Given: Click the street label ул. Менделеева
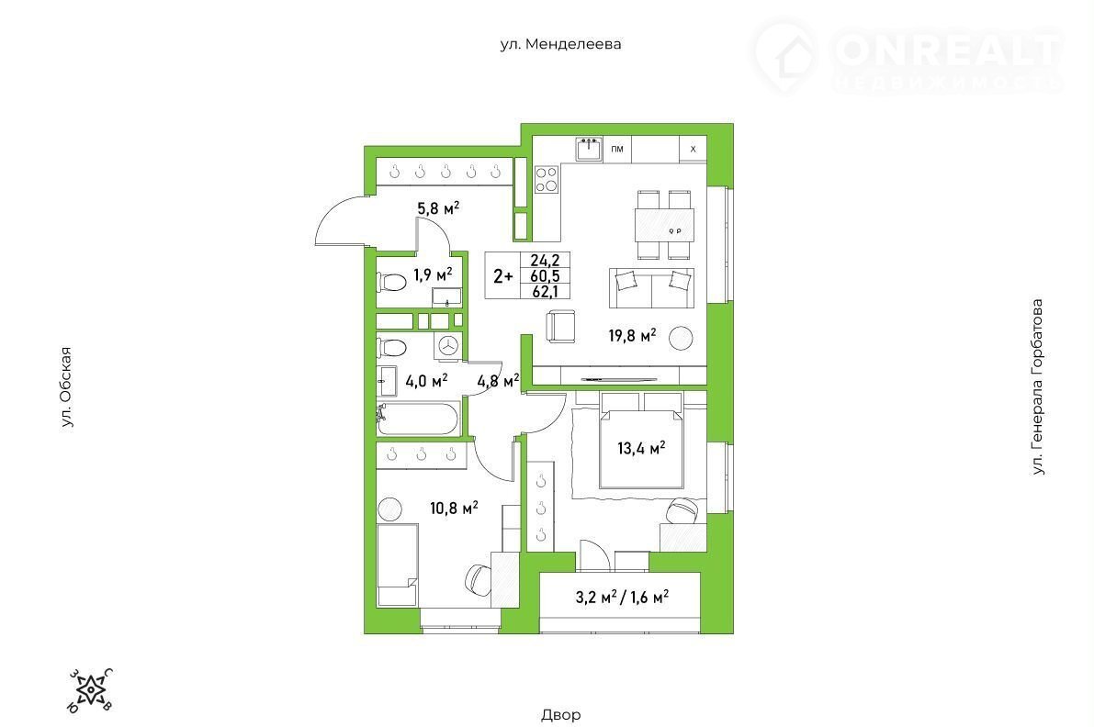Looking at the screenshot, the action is (x=560, y=44).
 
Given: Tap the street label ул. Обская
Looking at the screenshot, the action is (x=66, y=386).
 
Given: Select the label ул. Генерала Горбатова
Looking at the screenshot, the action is (x=1038, y=387).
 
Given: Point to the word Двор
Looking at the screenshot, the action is (x=560, y=714).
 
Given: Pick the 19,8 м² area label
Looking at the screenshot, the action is (x=632, y=335).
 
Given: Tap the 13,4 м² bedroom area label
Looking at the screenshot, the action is (x=641, y=448).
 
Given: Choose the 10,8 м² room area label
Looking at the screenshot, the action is (x=454, y=509).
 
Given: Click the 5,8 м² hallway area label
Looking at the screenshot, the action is (x=438, y=207).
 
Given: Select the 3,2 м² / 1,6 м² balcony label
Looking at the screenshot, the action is (x=623, y=597).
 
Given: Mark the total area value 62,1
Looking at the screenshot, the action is (x=546, y=291).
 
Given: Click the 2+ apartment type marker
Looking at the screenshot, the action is (x=503, y=276).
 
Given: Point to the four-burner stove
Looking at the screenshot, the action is (x=547, y=179).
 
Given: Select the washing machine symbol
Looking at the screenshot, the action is (x=448, y=345).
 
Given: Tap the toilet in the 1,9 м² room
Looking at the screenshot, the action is (x=391, y=283).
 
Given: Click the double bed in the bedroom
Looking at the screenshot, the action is (x=641, y=440).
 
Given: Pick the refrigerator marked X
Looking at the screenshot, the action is (x=693, y=150).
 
